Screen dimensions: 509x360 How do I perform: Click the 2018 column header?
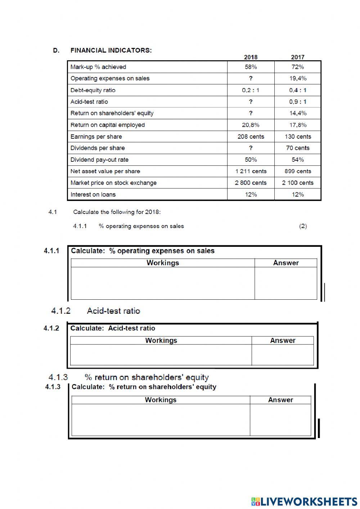pyautogui.click(x=251, y=57)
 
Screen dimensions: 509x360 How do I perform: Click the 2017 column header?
pyautogui.click(x=297, y=57)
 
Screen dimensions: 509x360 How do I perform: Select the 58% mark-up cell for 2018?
pyautogui.click(x=251, y=67)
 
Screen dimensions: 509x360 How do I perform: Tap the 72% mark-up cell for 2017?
pyautogui.click(x=297, y=67)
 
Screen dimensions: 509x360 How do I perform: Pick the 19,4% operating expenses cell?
pyautogui.click(x=297, y=79)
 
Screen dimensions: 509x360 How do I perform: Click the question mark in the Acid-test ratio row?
pyautogui.click(x=251, y=102)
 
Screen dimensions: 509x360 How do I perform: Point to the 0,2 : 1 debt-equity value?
pyautogui.click(x=251, y=90)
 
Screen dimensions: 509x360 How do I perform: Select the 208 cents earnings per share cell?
pyautogui.click(x=251, y=137)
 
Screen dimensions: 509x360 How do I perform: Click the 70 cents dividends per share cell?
pyautogui.click(x=297, y=148)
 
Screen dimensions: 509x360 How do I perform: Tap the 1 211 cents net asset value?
pyautogui.click(x=251, y=171)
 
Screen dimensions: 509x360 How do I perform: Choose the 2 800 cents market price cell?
pyautogui.click(x=251, y=183)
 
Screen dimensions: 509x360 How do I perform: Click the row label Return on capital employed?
pyautogui.click(x=108, y=125)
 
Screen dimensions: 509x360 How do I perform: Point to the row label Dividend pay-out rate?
pyautogui.click(x=99, y=160)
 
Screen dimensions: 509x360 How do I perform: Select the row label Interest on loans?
pyautogui.click(x=93, y=195)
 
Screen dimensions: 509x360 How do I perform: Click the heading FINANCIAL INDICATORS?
pyautogui.click(x=111, y=50)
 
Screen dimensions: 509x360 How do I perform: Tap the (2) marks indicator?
pyautogui.click(x=303, y=226)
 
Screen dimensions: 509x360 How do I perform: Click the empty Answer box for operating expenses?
pyautogui.click(x=285, y=283)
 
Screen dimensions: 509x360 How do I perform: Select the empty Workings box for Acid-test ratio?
pyautogui.click(x=161, y=355)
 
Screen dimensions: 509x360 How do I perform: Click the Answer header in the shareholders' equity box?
pyautogui.click(x=280, y=400)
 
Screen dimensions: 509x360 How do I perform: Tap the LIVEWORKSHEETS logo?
pyautogui.click(x=304, y=501)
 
